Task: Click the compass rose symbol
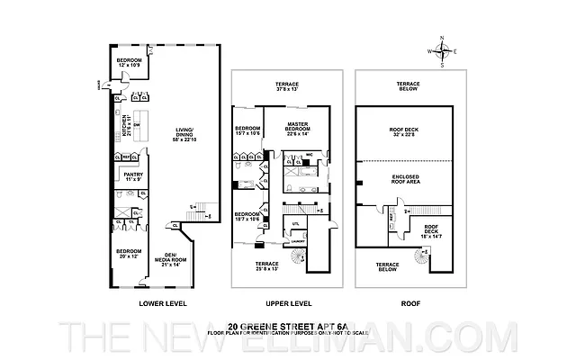click(442, 51)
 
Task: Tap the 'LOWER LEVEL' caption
click(162, 303)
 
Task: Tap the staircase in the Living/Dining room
click(203, 213)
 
